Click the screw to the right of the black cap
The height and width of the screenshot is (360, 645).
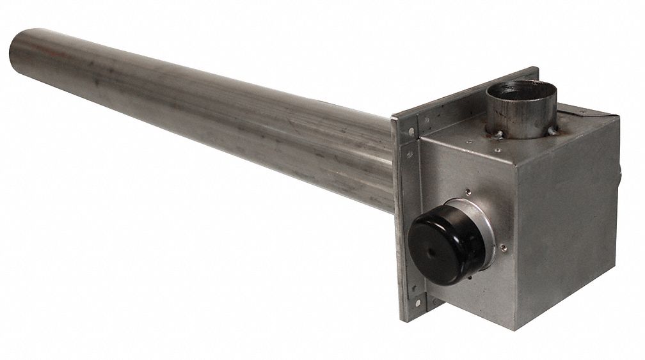(504, 244)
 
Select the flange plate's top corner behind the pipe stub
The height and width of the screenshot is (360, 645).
(535, 68)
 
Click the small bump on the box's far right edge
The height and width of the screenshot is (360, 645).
(622, 171)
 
